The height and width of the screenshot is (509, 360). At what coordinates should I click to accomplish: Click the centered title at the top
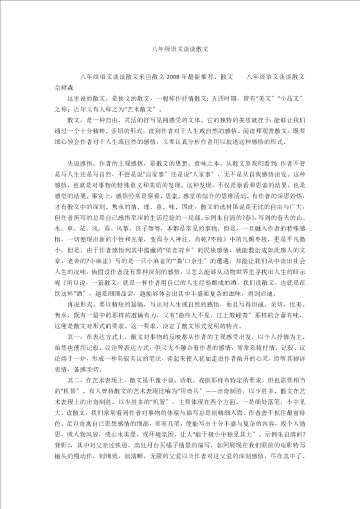179,50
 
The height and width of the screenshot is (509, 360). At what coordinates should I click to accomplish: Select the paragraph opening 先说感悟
79,163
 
